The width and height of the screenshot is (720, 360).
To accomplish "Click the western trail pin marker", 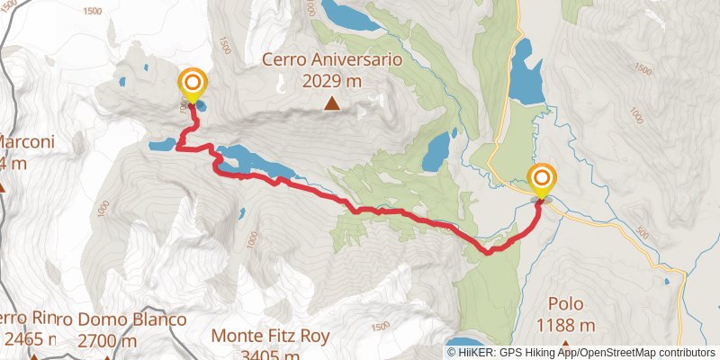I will pyautogui.click(x=193, y=85).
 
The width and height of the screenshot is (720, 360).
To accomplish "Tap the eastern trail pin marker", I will pyautogui.click(x=542, y=180).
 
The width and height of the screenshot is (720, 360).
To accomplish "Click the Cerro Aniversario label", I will pyautogui.click(x=332, y=60).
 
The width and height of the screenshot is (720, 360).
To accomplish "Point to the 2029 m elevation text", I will pyautogui.click(x=332, y=81).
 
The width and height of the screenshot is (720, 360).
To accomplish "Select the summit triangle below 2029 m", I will pyautogui.click(x=332, y=104).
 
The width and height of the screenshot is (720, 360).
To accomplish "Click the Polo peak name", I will pyautogui.click(x=565, y=303).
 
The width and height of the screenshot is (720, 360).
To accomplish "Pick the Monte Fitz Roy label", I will pyautogui.click(x=271, y=337).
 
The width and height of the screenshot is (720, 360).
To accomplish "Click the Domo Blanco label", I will pyautogui.click(x=126, y=319).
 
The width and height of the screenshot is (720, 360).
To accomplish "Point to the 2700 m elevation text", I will pyautogui.click(x=107, y=340).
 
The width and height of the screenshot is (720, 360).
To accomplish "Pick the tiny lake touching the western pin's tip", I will pyautogui.click(x=200, y=106).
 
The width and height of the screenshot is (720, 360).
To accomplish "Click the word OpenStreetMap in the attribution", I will pyautogui.click(x=621, y=353).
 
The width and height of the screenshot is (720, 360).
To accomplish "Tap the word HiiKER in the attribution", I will pyautogui.click(x=474, y=353).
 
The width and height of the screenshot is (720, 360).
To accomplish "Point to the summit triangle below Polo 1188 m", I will pyautogui.click(x=565, y=345).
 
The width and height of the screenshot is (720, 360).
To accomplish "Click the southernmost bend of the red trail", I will pyautogui.click(x=488, y=253).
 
